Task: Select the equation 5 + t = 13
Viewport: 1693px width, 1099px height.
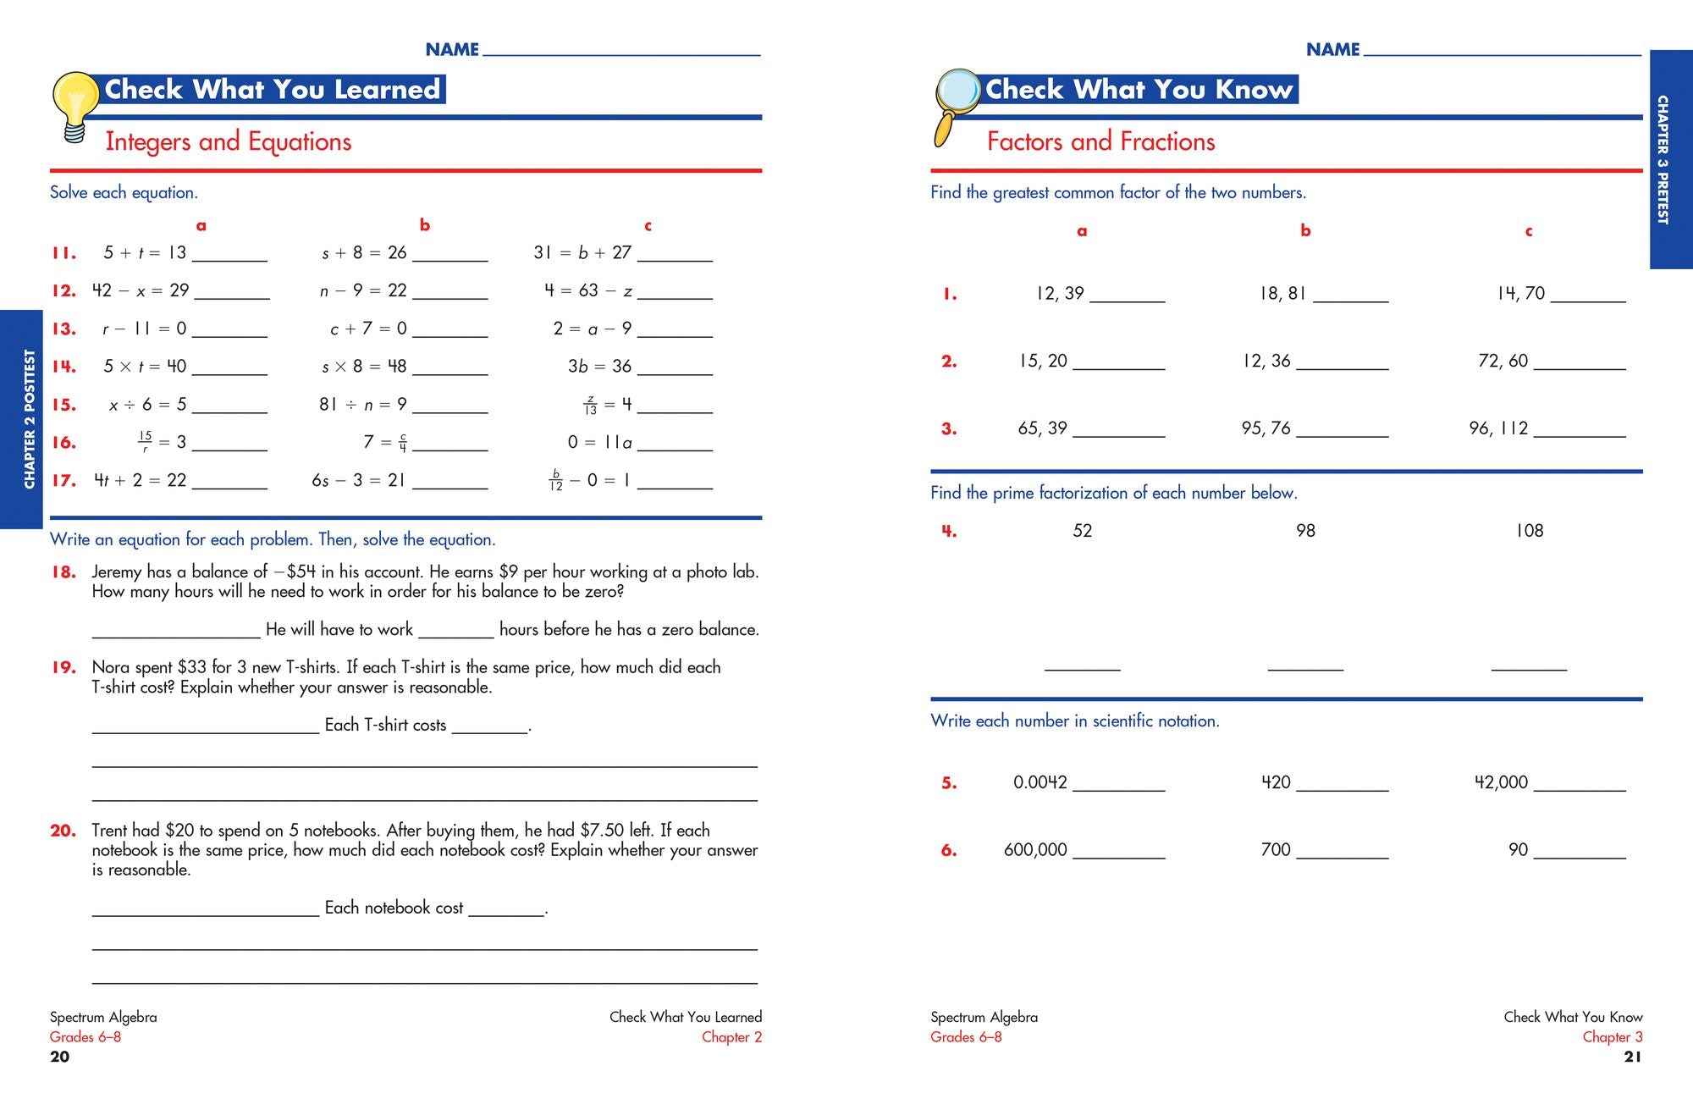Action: tap(144, 252)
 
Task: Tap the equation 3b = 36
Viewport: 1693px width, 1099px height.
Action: tap(599, 366)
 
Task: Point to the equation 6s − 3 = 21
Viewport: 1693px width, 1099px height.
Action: tap(358, 480)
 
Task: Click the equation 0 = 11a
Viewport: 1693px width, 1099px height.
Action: tap(599, 442)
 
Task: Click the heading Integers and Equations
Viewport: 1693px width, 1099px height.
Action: tap(228, 141)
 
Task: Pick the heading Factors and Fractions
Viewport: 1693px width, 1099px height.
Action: tap(1100, 141)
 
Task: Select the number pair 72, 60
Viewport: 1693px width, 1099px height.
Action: tap(1503, 361)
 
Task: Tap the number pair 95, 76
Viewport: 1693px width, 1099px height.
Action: tap(1266, 428)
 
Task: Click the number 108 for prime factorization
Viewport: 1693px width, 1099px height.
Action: tap(1529, 531)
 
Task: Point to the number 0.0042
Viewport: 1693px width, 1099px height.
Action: tap(1040, 782)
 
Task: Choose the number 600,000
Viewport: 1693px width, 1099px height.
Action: tap(1034, 849)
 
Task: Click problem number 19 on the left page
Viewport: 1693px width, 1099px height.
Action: tap(63, 667)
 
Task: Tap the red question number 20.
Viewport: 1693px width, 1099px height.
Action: tap(63, 831)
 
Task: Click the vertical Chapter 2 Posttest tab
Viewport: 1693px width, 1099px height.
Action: tap(29, 419)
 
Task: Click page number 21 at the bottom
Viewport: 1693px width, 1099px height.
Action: tap(1632, 1056)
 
